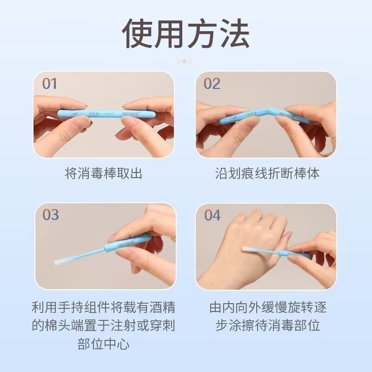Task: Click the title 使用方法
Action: (x=186, y=33)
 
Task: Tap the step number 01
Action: (x=50, y=84)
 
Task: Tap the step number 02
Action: (x=212, y=84)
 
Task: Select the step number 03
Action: (x=51, y=215)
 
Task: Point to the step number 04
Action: (x=212, y=215)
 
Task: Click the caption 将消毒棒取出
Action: (x=103, y=173)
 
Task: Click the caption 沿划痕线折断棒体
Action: (x=267, y=173)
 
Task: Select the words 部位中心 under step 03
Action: (x=103, y=344)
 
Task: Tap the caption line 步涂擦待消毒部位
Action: (x=267, y=325)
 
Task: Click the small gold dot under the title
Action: (x=185, y=61)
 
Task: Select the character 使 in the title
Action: (x=138, y=33)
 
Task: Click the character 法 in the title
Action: (x=234, y=33)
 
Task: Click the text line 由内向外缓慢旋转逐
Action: (x=267, y=307)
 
